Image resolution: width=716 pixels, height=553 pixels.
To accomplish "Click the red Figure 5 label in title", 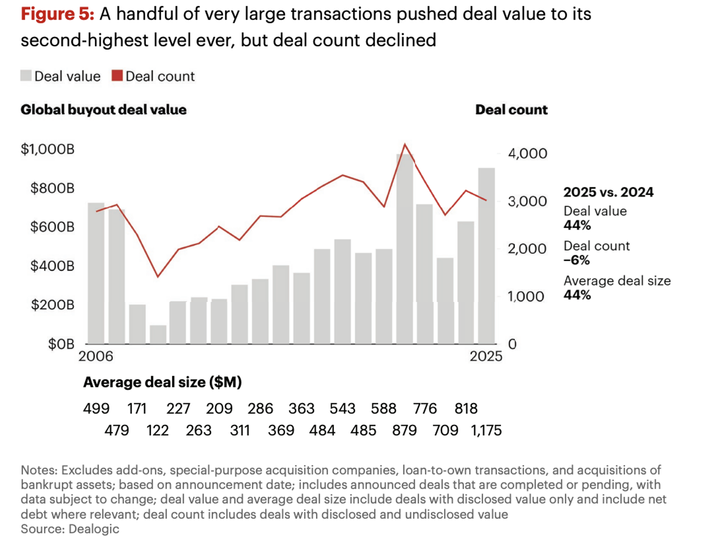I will [x=57, y=14].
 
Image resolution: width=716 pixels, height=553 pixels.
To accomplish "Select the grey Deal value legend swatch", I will [x=26, y=76].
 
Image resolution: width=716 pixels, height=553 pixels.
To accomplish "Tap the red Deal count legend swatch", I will [x=117, y=76].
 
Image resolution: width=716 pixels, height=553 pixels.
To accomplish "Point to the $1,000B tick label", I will [x=47, y=149].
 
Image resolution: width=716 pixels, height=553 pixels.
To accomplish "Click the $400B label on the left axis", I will [x=52, y=266].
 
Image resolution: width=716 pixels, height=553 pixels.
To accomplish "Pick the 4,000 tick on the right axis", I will [x=527, y=154].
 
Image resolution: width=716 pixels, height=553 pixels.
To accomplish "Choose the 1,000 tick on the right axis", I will [x=526, y=297].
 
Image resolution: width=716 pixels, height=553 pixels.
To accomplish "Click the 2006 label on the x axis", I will [x=96, y=356].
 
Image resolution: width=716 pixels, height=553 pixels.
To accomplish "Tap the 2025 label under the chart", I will [x=486, y=356].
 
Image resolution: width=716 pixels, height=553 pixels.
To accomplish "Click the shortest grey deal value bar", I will [x=158, y=334].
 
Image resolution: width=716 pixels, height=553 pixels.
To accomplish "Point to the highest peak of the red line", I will [x=404, y=144].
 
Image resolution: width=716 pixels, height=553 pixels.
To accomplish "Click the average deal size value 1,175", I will [x=486, y=431].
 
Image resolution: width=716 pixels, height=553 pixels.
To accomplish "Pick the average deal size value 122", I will [x=157, y=431].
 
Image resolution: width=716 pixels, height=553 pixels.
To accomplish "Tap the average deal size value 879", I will [x=404, y=431].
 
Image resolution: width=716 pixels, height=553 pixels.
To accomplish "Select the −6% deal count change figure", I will [x=577, y=260].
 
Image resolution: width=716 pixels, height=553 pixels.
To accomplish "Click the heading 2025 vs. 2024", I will [x=608, y=192].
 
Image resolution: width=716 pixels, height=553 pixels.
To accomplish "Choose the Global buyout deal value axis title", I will [x=103, y=110].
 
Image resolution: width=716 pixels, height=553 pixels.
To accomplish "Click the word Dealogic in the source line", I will [x=94, y=529].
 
